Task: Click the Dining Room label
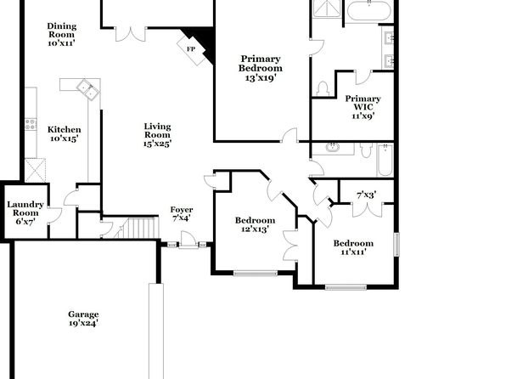[x=62, y=30]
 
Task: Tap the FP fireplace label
[x=191, y=49]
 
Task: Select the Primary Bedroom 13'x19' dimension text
[x=260, y=78]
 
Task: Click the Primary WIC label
[x=363, y=103]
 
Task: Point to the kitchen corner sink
[x=87, y=89]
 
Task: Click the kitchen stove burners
[x=31, y=124]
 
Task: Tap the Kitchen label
[x=65, y=129]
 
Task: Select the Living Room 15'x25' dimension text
[x=157, y=144]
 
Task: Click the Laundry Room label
[x=25, y=208]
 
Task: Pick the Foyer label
[x=182, y=210]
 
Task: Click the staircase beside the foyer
[x=138, y=228]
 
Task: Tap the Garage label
[x=83, y=314]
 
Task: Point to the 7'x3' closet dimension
[x=366, y=195]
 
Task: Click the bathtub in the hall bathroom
[x=385, y=161]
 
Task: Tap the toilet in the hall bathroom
[x=366, y=150]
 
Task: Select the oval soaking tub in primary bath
[x=369, y=11]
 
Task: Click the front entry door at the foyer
[x=188, y=240]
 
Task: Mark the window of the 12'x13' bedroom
[x=256, y=274]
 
